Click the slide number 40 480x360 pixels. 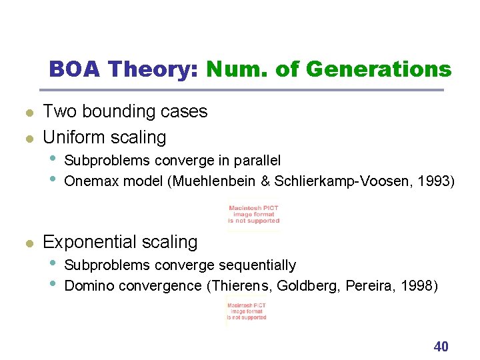[441, 346]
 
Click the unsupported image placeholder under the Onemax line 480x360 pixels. [254, 214]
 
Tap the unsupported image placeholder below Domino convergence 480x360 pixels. [247, 311]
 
